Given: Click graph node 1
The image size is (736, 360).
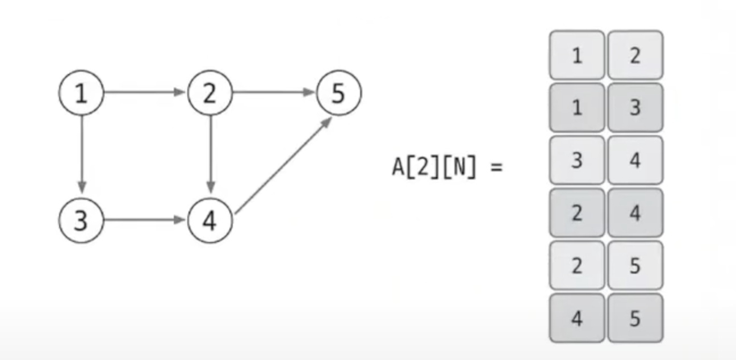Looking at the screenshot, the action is [x=82, y=94].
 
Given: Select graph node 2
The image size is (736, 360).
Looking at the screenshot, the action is [x=210, y=94].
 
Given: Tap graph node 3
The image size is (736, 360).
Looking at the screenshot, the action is [x=82, y=220].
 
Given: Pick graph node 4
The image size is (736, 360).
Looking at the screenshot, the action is [x=210, y=220].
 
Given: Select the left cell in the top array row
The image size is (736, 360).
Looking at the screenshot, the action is [x=576, y=55].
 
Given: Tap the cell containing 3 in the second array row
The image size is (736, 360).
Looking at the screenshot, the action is [x=635, y=108].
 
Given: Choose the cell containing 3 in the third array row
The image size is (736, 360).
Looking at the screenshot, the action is [x=576, y=161].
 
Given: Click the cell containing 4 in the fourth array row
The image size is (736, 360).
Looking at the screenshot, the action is [x=635, y=213].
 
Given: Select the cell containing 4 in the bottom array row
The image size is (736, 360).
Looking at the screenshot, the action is [x=576, y=319].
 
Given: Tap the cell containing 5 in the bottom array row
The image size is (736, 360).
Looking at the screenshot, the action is [x=635, y=319].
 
